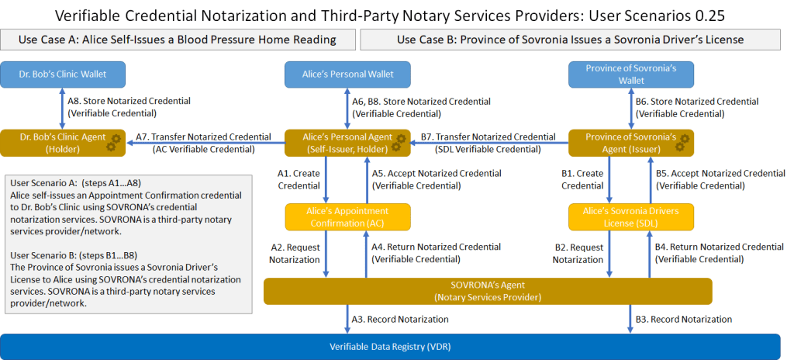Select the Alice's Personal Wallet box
348,74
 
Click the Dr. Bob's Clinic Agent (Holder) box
59,143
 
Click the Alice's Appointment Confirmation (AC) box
348,216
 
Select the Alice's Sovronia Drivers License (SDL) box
630,216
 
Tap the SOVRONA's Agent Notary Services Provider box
488,291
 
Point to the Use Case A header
177,40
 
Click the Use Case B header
570,40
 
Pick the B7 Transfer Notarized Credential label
488,143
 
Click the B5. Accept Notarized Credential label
720,179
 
